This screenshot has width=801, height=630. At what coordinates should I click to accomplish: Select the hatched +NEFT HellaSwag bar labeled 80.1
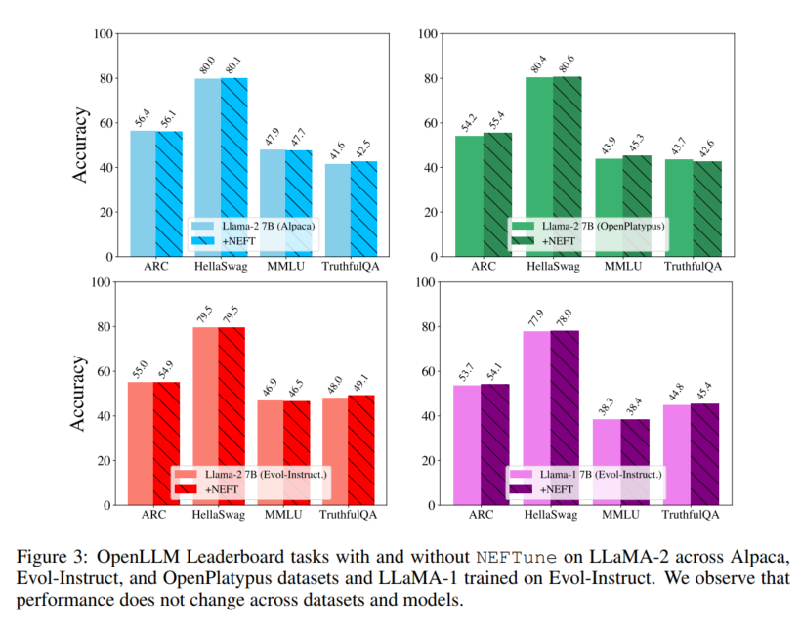coord(233,166)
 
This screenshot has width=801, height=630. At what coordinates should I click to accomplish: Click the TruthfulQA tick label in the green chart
coord(694,267)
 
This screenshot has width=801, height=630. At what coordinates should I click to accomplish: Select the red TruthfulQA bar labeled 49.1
coord(362,449)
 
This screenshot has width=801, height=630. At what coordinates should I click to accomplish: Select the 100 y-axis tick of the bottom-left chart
coord(98,282)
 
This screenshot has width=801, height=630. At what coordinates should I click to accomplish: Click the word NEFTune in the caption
coord(515,557)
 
